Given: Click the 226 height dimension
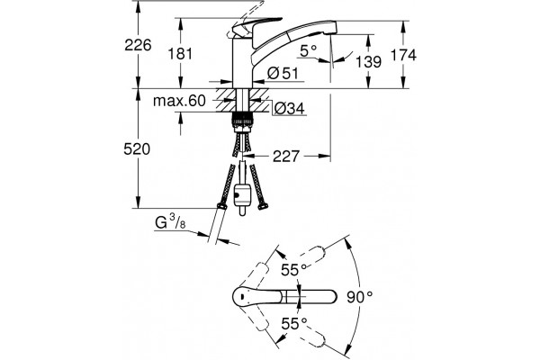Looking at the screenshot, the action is pos(138,45).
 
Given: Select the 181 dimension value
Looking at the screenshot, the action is pos(180,54).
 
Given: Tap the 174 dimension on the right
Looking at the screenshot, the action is pos(403,55).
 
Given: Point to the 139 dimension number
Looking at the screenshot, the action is pos(368,62).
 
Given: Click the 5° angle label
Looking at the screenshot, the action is pos(308,51).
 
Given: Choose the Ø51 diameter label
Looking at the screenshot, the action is pos(283,74).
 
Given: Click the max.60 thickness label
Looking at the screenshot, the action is pos(179,101).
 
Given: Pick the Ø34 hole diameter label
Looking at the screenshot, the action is pos(289,109).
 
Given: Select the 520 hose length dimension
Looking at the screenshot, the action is pos(137,149).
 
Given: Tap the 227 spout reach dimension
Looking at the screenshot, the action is pos(286,157).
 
